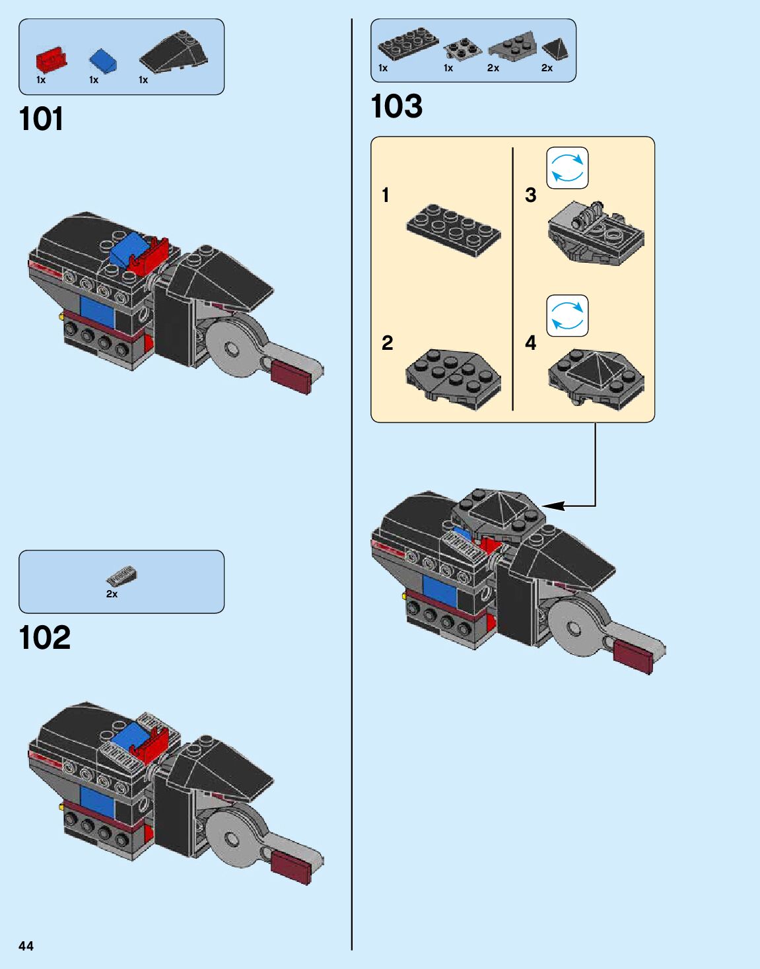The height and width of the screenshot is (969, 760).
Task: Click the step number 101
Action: (x=41, y=119)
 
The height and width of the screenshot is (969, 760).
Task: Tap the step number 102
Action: (x=44, y=638)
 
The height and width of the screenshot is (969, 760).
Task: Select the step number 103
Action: (x=396, y=106)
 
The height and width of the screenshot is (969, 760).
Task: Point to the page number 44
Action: (x=26, y=946)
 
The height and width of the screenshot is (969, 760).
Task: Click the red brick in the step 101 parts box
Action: (x=51, y=60)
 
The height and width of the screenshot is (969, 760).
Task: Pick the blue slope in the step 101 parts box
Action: (x=103, y=61)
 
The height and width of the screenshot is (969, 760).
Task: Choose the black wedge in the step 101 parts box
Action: (x=174, y=53)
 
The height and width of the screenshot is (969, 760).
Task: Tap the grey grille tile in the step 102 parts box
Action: (x=122, y=576)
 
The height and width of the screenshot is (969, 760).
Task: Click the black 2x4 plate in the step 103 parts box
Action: (x=407, y=45)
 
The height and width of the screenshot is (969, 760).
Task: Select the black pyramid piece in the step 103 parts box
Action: (x=553, y=49)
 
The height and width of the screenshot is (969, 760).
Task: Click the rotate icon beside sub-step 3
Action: (x=567, y=168)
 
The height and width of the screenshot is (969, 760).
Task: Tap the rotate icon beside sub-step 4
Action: (x=567, y=316)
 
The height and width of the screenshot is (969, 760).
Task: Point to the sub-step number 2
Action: (x=387, y=343)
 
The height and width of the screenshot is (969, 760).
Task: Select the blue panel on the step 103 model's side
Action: (x=439, y=592)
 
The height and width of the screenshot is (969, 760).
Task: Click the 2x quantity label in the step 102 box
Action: (x=112, y=594)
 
